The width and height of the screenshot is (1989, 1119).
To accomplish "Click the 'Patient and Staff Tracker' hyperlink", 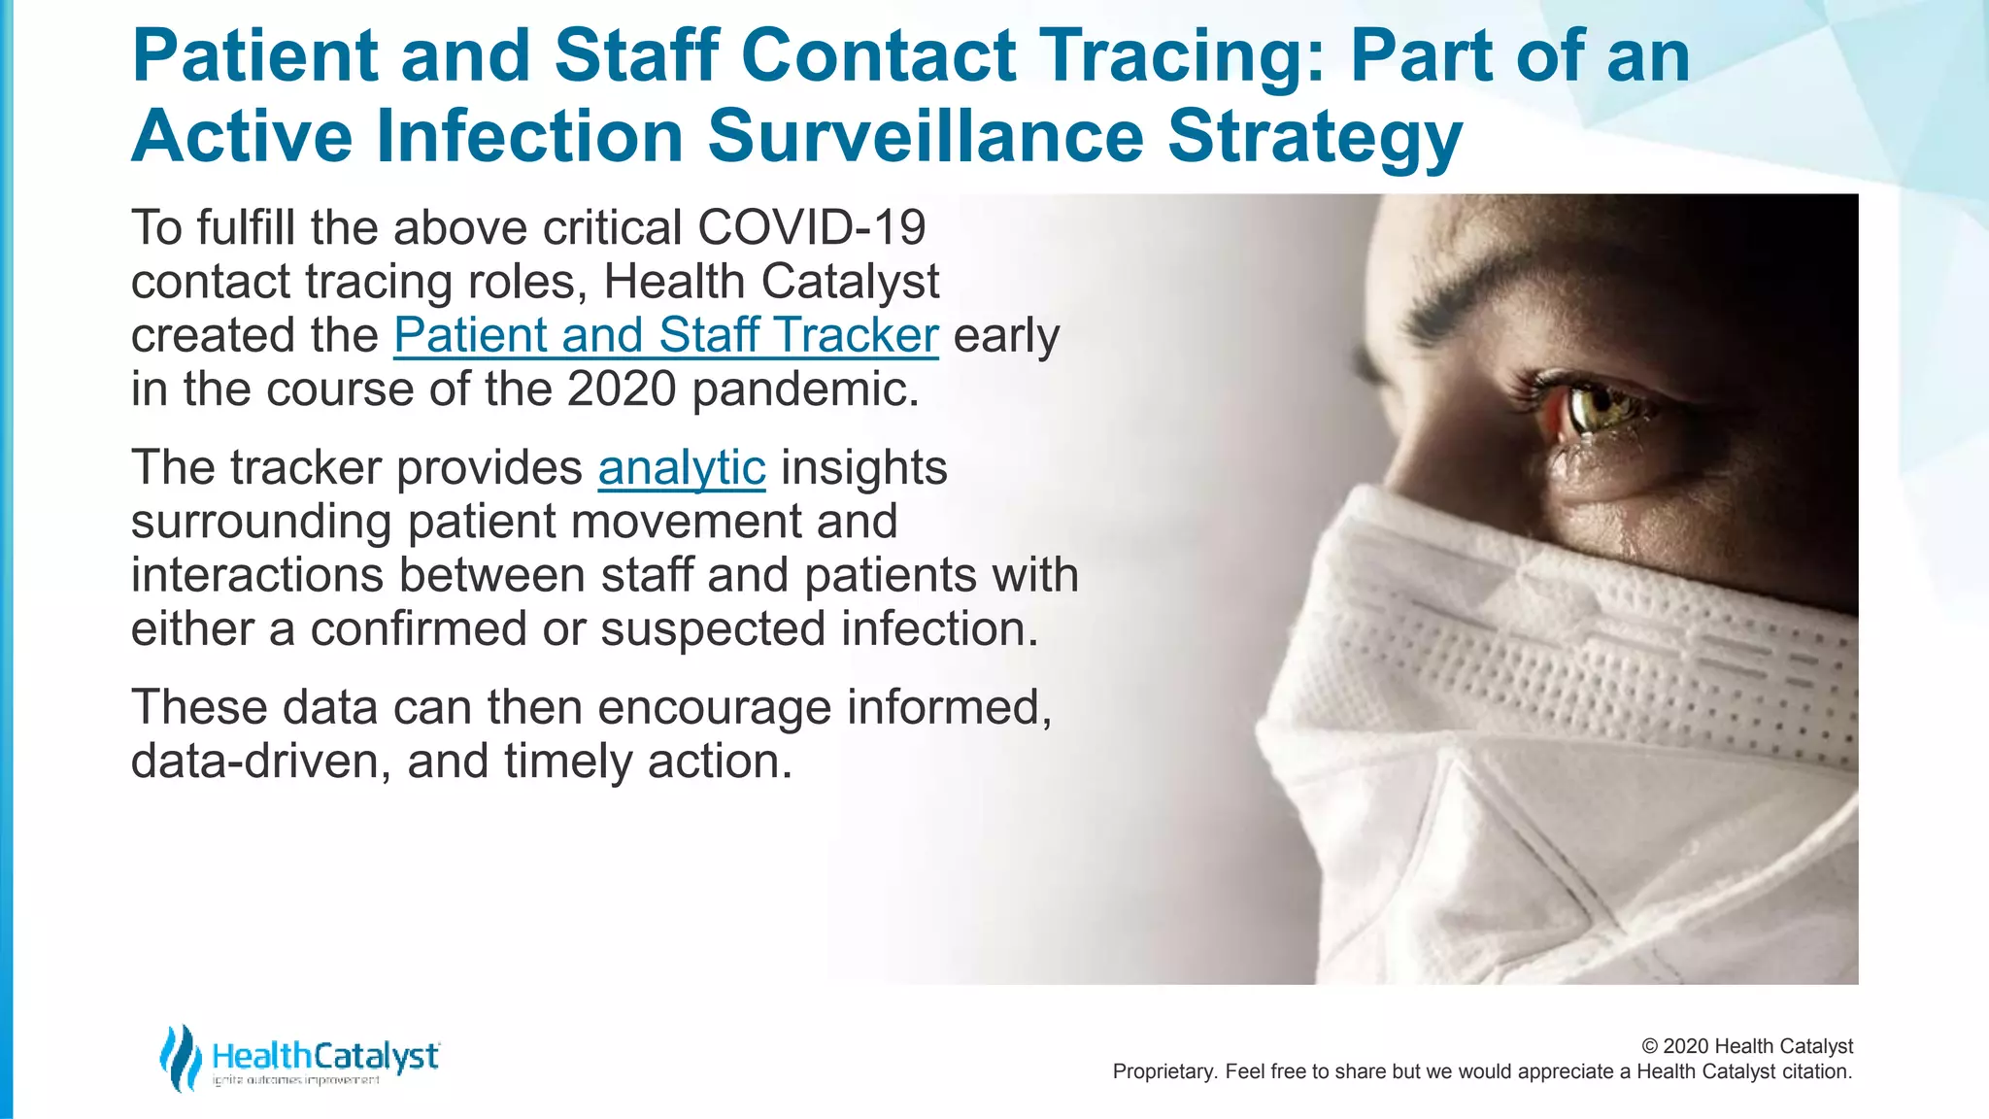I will coord(665,335).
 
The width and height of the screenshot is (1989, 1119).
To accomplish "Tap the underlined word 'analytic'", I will coord(681,468).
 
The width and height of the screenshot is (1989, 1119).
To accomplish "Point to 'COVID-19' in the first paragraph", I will coord(811,228).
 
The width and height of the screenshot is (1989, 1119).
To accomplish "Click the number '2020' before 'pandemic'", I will coord(622,390).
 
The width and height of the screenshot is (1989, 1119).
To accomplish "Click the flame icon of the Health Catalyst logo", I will coord(180,1057).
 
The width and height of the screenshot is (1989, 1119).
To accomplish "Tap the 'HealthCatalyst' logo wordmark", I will coord(325,1055).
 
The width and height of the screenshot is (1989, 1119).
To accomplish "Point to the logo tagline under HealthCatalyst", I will coord(296,1080).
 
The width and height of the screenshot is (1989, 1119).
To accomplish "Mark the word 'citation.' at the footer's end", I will coord(1816,1071).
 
